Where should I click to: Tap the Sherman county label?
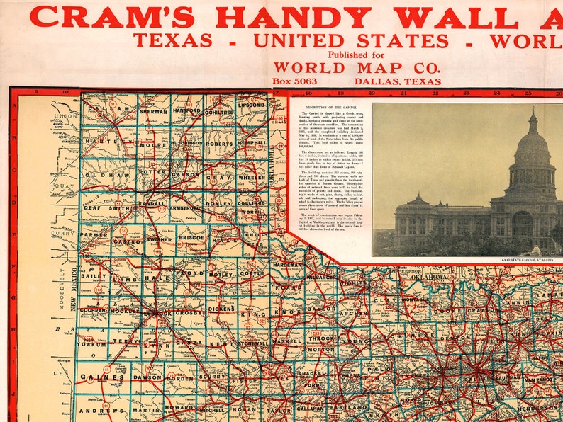pos(153,112)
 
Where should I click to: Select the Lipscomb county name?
pos(252,105)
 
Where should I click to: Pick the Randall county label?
pos(152,203)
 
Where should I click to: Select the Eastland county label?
pos(348,408)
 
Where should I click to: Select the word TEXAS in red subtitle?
pos(172,41)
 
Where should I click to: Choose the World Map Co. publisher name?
pos(357,68)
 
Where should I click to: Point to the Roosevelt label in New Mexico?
pos(62,284)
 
